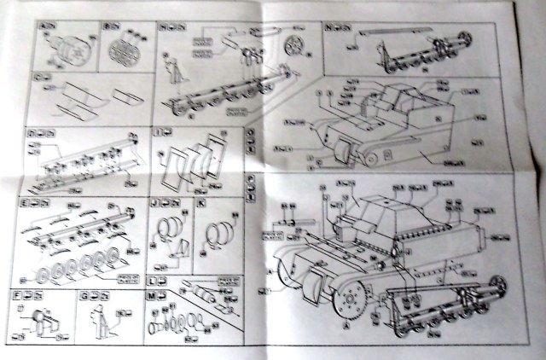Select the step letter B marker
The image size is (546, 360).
tap(107, 27)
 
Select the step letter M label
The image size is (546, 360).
tap(152, 295)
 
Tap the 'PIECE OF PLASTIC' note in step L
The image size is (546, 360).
tap(224, 284)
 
